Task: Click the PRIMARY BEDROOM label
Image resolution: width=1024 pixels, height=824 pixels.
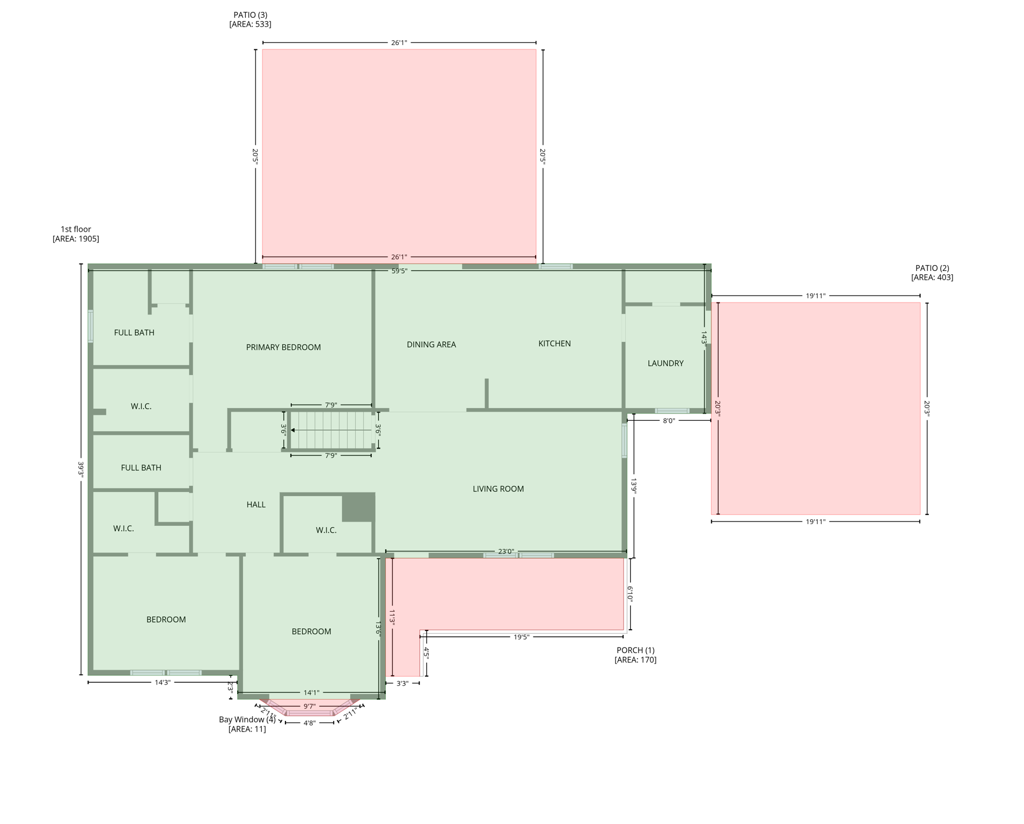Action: [283, 347]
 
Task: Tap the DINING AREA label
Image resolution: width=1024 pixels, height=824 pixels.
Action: [431, 344]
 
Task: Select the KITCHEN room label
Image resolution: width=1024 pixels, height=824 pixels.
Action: [554, 343]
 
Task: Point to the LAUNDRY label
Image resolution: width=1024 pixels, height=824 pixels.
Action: [665, 363]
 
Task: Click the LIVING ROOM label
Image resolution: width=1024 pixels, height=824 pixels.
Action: [498, 489]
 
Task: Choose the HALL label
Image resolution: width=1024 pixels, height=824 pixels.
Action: [255, 504]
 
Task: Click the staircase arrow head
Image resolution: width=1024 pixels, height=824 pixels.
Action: [293, 430]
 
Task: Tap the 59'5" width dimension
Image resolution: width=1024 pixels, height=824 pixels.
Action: [399, 271]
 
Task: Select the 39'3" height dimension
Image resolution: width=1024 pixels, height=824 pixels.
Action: [81, 468]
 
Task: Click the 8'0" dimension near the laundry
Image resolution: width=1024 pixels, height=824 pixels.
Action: [668, 421]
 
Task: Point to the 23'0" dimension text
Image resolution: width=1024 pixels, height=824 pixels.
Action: [506, 551]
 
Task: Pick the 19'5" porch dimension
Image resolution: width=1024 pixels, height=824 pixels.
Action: [521, 637]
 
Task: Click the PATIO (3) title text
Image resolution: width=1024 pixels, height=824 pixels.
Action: [250, 15]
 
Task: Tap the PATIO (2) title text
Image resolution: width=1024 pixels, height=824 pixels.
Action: [932, 268]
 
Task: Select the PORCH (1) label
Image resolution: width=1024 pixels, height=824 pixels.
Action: [635, 650]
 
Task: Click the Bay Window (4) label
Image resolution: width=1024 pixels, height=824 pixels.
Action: [247, 719]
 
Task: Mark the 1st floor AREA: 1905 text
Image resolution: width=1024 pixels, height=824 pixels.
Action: [76, 239]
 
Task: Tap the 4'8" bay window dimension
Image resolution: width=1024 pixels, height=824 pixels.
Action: [309, 723]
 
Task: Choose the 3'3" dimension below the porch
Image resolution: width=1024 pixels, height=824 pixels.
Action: [402, 683]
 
